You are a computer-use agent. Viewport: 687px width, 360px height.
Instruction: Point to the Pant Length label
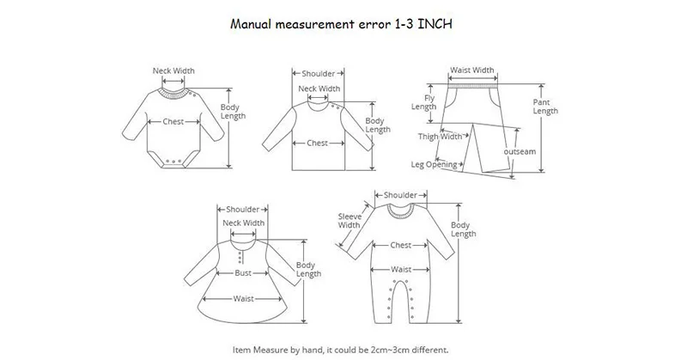[546, 106]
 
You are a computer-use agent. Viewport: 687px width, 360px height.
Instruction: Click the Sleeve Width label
[349, 220]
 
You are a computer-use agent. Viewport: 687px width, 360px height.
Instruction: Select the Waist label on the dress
[243, 299]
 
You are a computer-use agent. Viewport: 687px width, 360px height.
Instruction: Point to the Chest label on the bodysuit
[175, 121]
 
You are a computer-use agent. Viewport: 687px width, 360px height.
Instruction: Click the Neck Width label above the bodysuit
[173, 70]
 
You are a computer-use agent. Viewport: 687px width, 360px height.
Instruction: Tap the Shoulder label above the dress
[244, 209]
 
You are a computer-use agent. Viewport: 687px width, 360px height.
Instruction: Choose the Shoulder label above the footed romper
[401, 195]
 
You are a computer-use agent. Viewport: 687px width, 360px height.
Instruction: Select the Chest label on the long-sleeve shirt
[318, 143]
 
